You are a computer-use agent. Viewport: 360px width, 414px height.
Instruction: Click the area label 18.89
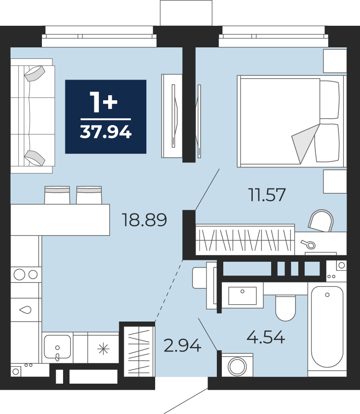click(x=144, y=220)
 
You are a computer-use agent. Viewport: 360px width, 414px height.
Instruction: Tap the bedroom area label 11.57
click(x=267, y=195)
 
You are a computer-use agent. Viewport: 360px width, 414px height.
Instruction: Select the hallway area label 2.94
click(x=182, y=345)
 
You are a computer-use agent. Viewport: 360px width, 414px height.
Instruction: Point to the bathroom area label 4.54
click(x=266, y=337)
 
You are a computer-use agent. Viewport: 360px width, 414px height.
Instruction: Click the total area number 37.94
click(x=106, y=132)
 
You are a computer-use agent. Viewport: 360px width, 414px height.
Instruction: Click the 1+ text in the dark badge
click(x=104, y=102)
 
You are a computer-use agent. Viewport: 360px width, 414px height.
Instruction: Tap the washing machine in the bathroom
click(x=237, y=365)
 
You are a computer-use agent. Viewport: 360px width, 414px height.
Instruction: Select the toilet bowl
click(x=285, y=308)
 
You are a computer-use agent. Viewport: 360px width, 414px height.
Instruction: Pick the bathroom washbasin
click(x=243, y=295)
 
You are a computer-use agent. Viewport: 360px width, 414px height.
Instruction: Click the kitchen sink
click(x=58, y=347)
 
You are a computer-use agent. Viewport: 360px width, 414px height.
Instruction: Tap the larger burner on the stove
click(x=19, y=274)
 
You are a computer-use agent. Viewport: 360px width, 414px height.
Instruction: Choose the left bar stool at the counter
click(x=57, y=195)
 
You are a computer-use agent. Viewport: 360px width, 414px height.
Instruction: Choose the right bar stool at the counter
click(x=89, y=195)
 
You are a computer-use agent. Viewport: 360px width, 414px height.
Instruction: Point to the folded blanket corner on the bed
click(x=305, y=143)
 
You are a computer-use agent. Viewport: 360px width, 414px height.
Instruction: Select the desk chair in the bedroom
click(x=320, y=220)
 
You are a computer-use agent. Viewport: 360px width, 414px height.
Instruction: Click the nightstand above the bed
click(x=335, y=61)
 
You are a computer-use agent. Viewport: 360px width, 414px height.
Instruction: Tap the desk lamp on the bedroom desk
click(x=308, y=244)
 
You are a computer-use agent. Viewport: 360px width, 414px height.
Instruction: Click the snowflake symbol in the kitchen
click(x=103, y=349)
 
